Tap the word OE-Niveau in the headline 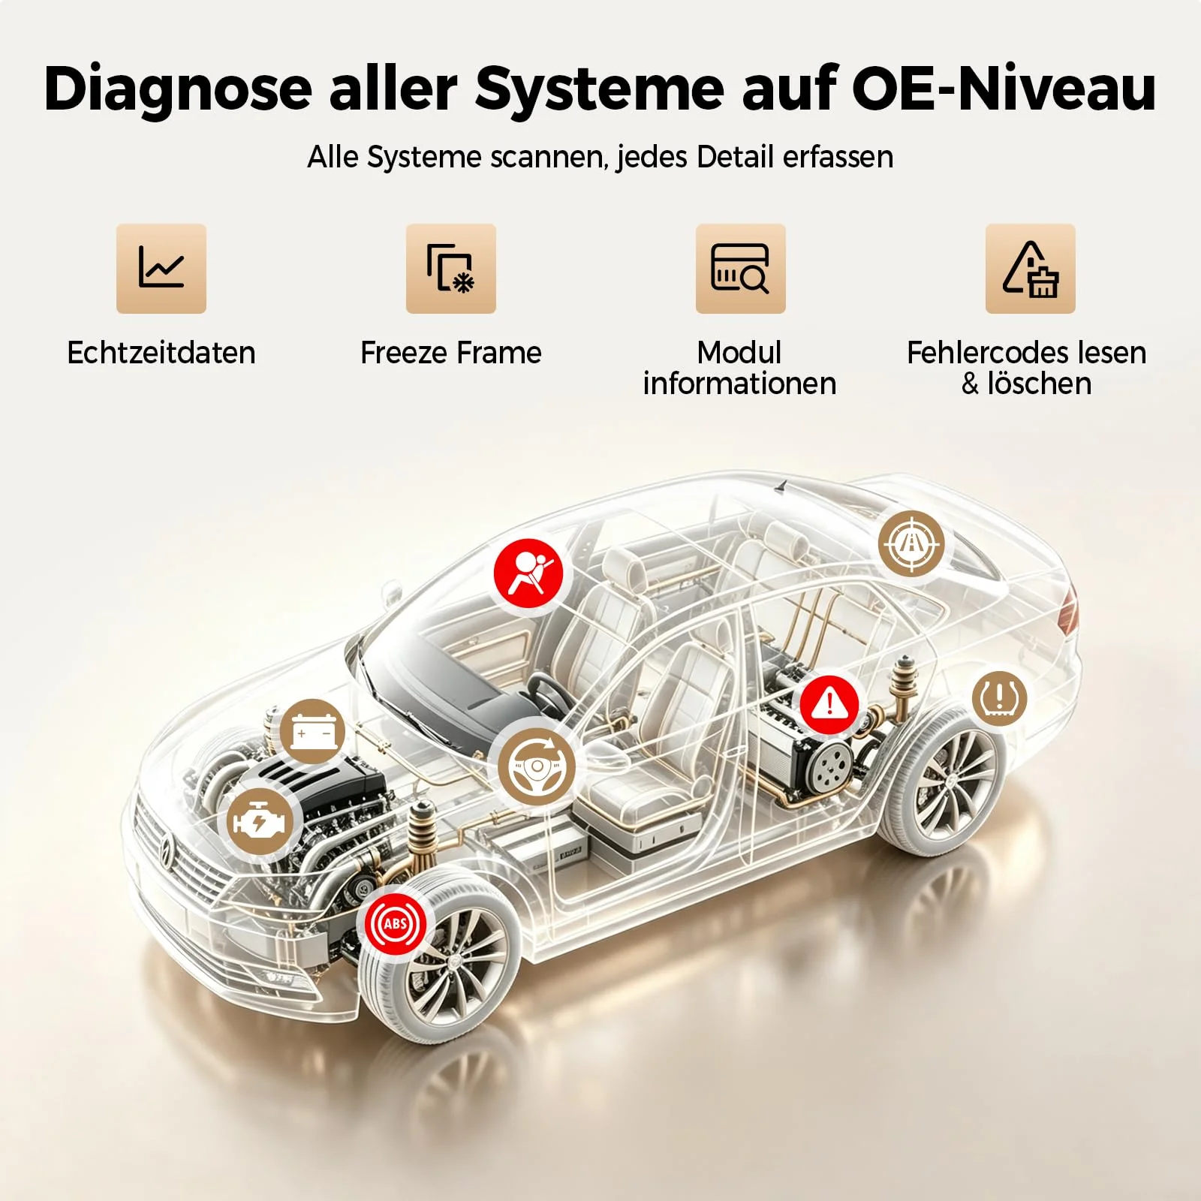click(x=1004, y=89)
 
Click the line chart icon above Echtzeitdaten click(x=161, y=268)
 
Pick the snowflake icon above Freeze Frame click(x=451, y=268)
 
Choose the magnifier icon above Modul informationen click(x=741, y=268)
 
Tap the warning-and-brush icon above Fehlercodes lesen click(x=1031, y=268)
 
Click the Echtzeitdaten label click(x=161, y=353)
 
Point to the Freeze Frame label click(x=451, y=353)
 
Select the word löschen click(x=1040, y=384)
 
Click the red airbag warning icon click(x=528, y=573)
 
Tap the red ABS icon click(x=396, y=923)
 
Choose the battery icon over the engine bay click(x=313, y=731)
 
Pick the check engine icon click(x=260, y=822)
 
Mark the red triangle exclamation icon click(x=829, y=704)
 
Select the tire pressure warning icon click(x=1000, y=698)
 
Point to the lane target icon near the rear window click(x=911, y=543)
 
